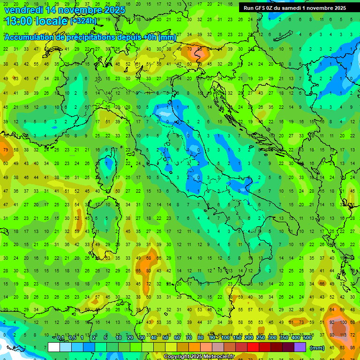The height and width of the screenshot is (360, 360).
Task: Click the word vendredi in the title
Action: tap(23, 10)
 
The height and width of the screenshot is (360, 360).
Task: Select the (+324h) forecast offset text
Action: tap(84, 21)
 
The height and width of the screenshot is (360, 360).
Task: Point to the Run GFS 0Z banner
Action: tap(294, 8)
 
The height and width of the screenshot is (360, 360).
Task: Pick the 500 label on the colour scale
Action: tap(307, 338)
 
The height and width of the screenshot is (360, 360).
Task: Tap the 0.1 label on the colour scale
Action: tap(60, 338)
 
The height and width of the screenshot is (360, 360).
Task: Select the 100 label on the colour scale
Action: tap(225, 338)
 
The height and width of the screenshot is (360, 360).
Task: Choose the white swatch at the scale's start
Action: tap(54, 347)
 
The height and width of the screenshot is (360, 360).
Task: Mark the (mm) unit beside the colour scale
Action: tap(317, 348)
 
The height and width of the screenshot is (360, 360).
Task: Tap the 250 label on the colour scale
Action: tap(260, 338)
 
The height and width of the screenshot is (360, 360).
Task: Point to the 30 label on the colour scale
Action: tap(142, 338)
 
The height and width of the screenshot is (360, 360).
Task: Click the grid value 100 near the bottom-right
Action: tap(343, 322)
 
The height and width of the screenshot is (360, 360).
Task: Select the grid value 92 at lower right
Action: tap(332, 322)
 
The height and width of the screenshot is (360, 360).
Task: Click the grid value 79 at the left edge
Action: tap(6, 150)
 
